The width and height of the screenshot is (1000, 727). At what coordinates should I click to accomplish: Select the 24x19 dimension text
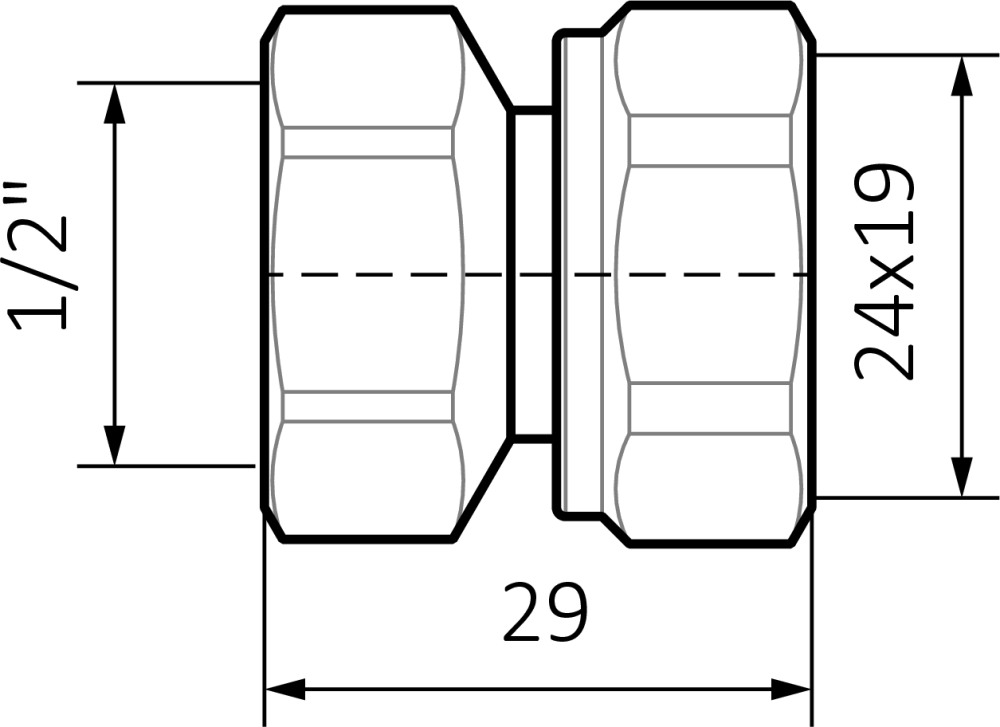pyautogui.click(x=883, y=276)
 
